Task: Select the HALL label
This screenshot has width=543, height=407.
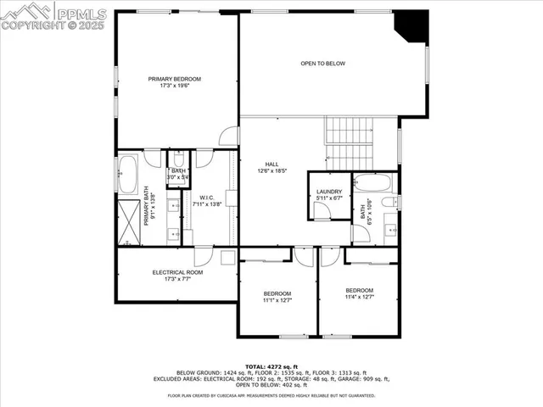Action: (271, 164)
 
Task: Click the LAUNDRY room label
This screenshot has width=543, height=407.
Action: (328, 192)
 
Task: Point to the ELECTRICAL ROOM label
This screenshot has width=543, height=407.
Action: (177, 272)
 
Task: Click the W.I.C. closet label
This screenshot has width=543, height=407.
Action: (206, 198)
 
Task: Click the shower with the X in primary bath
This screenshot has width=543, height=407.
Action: (129, 221)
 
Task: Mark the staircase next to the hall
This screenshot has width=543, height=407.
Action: (348, 142)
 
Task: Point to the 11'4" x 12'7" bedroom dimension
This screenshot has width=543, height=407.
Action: (359, 297)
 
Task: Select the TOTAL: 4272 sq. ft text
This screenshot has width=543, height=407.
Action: (271, 365)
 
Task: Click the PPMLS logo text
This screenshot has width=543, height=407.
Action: (81, 13)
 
